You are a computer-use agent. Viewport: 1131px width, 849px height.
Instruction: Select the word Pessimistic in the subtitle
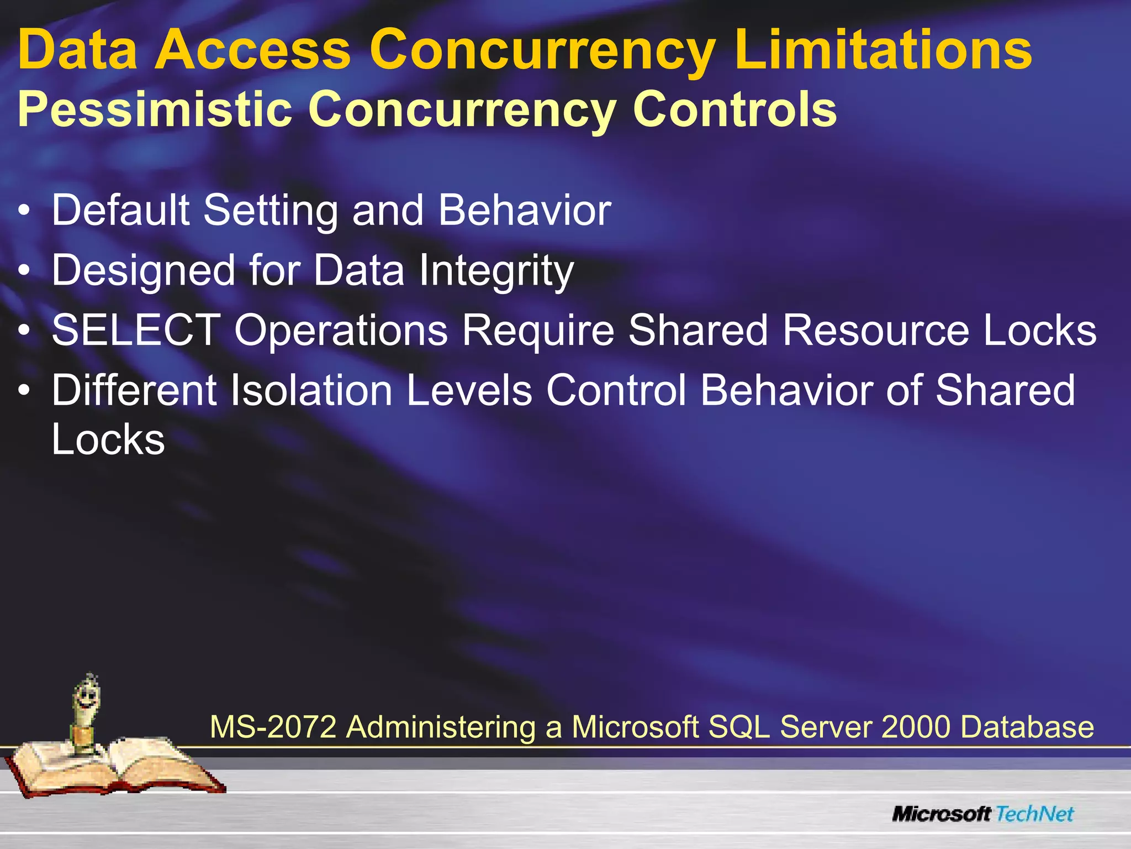click(155, 109)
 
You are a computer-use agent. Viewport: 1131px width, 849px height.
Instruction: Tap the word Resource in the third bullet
click(876, 330)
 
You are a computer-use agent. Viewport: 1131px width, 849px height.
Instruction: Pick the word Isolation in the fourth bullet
click(311, 390)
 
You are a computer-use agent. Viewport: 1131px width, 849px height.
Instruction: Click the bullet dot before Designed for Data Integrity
click(24, 271)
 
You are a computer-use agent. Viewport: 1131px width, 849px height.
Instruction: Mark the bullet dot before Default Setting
click(24, 211)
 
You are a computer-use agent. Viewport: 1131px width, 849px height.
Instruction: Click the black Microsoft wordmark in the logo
click(942, 814)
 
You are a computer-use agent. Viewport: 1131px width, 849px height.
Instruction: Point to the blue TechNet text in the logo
click(1035, 814)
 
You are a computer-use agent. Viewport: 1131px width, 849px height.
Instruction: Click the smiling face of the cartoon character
click(86, 699)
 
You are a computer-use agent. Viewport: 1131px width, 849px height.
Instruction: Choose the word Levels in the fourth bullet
click(469, 390)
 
